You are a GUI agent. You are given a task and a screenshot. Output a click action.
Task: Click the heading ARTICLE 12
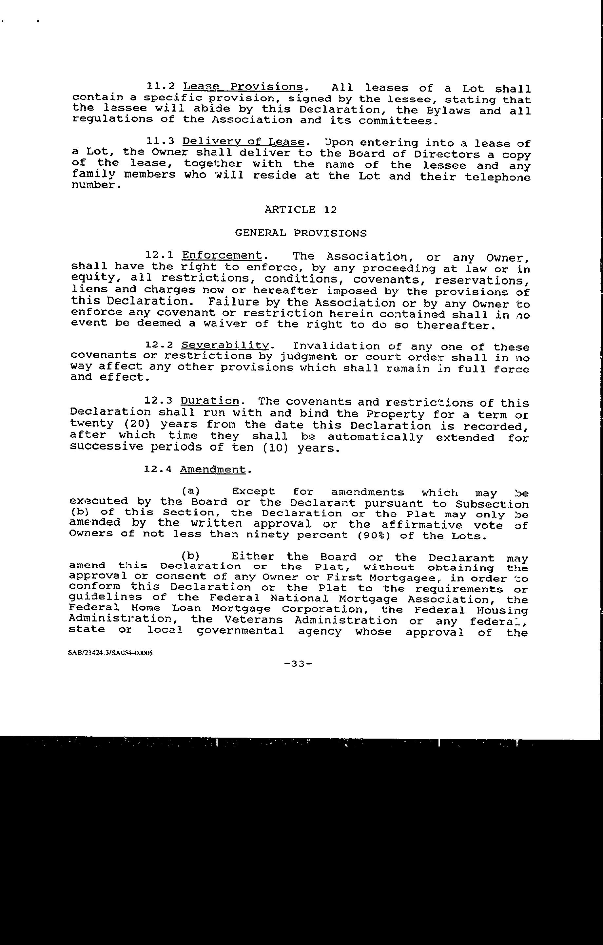301,210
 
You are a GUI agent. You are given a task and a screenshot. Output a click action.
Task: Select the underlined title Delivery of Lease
243,142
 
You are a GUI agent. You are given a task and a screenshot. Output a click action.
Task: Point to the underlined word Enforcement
222,256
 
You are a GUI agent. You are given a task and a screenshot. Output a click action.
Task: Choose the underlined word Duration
210,401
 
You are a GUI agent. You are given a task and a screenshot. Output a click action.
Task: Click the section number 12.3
159,401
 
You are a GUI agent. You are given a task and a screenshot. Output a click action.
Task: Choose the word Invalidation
336,346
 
